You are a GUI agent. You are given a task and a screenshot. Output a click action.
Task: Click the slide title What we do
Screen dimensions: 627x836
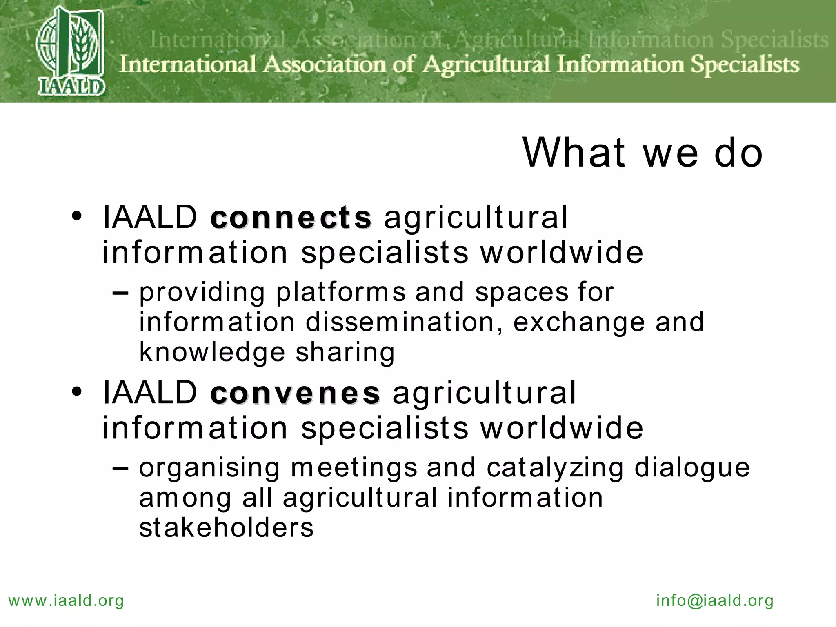click(x=643, y=153)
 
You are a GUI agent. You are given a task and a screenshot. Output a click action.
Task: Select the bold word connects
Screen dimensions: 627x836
click(x=291, y=217)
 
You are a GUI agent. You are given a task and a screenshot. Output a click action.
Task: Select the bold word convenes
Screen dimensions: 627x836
click(x=295, y=393)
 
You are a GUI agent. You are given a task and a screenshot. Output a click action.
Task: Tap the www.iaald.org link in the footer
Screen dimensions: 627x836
click(x=66, y=601)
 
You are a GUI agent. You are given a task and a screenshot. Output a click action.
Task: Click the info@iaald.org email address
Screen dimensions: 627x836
click(x=715, y=601)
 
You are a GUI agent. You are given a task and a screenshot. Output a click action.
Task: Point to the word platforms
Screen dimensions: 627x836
click(x=341, y=293)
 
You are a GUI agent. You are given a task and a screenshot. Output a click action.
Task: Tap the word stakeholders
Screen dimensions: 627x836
click(x=227, y=527)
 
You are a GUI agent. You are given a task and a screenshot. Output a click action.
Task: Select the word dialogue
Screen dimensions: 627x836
click(x=692, y=468)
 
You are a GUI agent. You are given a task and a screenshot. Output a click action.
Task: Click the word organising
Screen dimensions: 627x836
click(x=209, y=468)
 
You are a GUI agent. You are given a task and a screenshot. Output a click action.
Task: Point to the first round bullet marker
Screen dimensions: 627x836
click(x=77, y=216)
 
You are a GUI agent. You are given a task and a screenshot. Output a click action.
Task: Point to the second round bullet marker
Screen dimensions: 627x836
click(x=77, y=392)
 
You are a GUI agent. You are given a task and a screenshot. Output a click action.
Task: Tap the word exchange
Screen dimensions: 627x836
click(x=579, y=322)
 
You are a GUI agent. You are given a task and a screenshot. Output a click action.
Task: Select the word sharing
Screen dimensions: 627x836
click(x=345, y=352)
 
